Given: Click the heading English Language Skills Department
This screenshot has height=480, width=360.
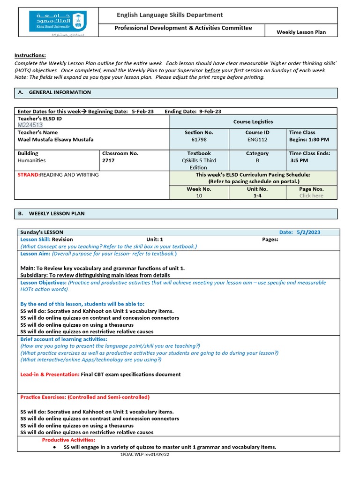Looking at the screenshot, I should pyautogui.click(x=170, y=15).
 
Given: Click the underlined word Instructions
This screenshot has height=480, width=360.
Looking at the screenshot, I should pyautogui.click(x=30, y=55).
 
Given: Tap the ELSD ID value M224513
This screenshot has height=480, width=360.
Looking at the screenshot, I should pyautogui.click(x=30, y=125).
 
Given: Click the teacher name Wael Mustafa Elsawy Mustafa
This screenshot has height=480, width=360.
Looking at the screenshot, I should pyautogui.click(x=55, y=139).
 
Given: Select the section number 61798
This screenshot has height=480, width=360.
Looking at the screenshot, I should pyautogui.click(x=199, y=139).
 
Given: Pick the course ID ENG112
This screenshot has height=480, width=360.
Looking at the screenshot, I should pyautogui.click(x=257, y=139).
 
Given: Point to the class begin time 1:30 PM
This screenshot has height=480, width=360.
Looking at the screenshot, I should pyautogui.click(x=309, y=139).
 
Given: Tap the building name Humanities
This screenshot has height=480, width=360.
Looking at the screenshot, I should pyautogui.click(x=31, y=160).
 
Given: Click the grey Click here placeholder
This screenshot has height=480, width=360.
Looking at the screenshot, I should pyautogui.click(x=311, y=195).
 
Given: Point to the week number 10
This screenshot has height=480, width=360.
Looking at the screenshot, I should pyautogui.click(x=199, y=195).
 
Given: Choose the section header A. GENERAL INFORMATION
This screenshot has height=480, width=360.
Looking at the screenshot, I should pyautogui.click(x=54, y=92).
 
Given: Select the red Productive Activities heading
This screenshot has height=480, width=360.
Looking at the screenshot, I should pyautogui.click(x=68, y=440).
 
